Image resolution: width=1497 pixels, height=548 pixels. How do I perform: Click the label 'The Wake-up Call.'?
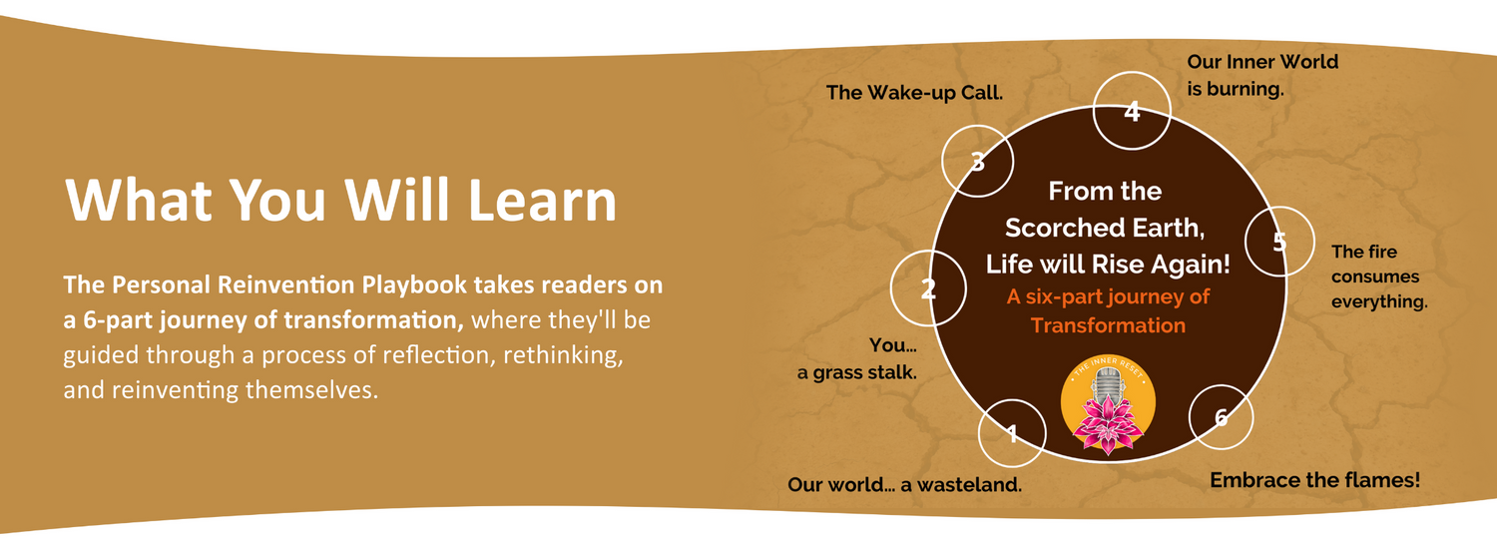coord(914,92)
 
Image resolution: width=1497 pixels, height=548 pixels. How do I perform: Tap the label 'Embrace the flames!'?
coord(1314,480)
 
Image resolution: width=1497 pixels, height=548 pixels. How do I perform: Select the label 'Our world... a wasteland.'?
coord(904,484)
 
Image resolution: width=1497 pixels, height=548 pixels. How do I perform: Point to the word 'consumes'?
coord(1374,276)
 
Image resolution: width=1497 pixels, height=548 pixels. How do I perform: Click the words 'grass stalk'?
coord(864,373)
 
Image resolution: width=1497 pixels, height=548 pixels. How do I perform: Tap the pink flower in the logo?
coord(1108,423)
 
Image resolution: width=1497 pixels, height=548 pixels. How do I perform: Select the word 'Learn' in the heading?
coord(542,200)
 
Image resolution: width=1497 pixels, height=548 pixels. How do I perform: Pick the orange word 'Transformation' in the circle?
coord(1108,325)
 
